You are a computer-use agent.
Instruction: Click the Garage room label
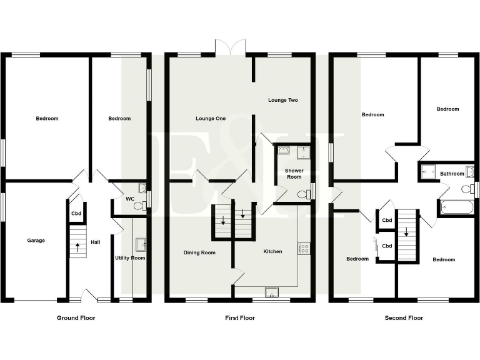(36, 240)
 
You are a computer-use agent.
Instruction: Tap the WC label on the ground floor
(130, 199)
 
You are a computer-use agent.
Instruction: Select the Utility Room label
(130, 258)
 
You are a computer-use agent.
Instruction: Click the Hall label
(96, 242)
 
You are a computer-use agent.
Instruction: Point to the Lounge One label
(211, 118)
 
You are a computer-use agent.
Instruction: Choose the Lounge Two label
(283, 100)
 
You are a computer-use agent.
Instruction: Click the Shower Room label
(294, 174)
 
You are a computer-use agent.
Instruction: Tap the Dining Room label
(199, 252)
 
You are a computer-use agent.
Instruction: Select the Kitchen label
(272, 251)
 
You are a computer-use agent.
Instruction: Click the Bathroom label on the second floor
(452, 174)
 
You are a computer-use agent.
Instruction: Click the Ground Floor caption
(76, 318)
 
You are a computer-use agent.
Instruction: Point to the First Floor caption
(240, 318)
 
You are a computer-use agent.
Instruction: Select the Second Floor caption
(404, 318)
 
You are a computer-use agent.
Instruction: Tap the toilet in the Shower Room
(304, 194)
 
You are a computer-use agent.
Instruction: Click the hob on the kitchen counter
(304, 248)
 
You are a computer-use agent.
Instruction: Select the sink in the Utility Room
(140, 243)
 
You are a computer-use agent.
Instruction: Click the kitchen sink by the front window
(272, 291)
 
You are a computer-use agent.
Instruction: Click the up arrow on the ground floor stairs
(77, 246)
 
